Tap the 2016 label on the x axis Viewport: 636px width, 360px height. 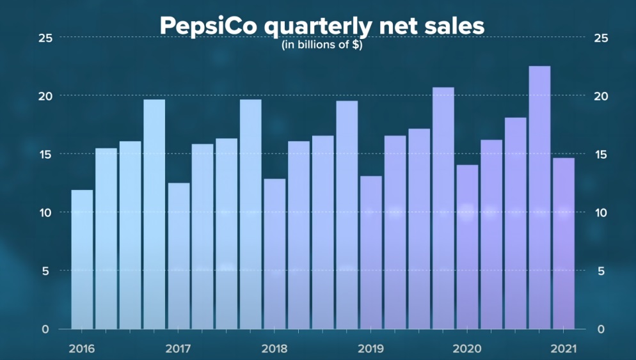(81, 349)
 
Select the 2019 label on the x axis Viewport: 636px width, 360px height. (370, 349)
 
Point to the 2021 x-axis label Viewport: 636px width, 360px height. (564, 349)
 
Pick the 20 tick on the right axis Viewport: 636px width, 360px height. (601, 96)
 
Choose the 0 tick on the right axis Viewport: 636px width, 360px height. (600, 329)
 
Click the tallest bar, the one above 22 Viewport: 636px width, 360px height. (539, 198)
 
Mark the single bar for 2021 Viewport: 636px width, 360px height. (564, 243)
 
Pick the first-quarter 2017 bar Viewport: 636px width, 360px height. (179, 256)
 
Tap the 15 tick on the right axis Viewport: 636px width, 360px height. (601, 154)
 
